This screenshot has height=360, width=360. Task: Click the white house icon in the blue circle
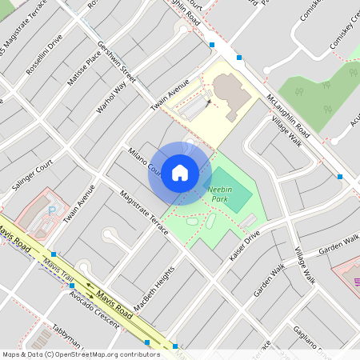(180, 172)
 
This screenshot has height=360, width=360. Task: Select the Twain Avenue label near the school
(170, 94)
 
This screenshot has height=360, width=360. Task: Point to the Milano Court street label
(144, 161)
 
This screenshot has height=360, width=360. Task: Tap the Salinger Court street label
(32, 174)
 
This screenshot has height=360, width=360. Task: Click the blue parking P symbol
(54, 210)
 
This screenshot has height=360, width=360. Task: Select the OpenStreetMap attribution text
(80, 354)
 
